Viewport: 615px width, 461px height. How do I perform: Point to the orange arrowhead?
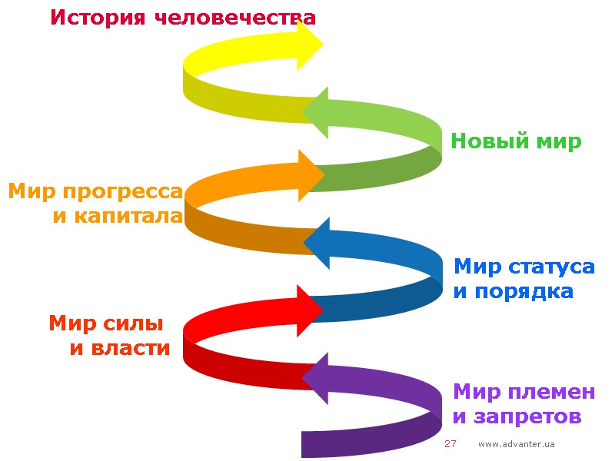tap(311, 174)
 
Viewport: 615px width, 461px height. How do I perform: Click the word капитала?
tap(128, 216)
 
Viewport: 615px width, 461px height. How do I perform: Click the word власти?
tap(130, 348)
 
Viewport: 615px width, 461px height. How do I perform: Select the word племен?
tap(551, 392)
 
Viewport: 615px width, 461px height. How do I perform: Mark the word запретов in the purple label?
tap(527, 417)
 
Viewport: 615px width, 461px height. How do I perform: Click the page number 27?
tap(450, 444)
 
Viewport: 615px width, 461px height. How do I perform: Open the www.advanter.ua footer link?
tap(517, 445)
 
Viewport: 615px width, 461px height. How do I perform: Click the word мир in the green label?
tap(560, 141)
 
